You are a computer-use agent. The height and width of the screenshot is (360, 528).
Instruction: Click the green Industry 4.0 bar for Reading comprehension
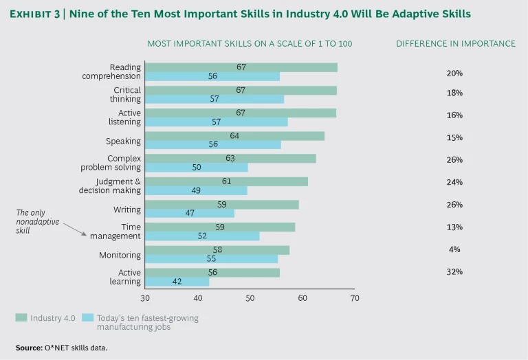(x=241, y=67)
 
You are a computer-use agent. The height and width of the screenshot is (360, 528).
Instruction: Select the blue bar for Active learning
(x=177, y=281)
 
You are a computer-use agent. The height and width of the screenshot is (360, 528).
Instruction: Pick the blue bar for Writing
(x=190, y=213)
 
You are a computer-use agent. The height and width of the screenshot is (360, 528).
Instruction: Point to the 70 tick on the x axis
(x=355, y=298)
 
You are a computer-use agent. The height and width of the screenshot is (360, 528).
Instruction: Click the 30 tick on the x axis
(x=145, y=298)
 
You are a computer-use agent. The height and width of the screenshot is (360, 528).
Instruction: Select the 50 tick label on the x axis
(x=250, y=298)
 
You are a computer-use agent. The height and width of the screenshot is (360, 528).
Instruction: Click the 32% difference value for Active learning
(x=454, y=271)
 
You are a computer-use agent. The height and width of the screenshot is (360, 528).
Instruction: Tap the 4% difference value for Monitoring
(x=454, y=249)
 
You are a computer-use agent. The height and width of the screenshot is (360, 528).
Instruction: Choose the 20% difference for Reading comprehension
(x=454, y=72)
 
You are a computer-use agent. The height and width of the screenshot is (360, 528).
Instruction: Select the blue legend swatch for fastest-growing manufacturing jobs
(x=88, y=317)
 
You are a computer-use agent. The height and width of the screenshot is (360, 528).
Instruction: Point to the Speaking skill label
(x=123, y=141)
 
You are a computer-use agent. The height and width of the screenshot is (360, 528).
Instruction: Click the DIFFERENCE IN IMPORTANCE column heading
(x=455, y=44)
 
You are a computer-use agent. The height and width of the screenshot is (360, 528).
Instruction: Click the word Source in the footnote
(x=27, y=348)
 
